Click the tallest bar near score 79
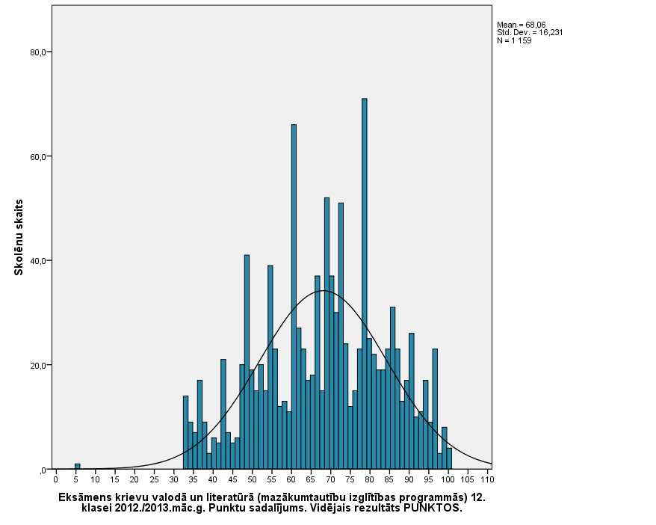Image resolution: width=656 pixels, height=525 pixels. [x=365, y=284]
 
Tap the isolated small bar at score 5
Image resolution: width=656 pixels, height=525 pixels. [x=77, y=467]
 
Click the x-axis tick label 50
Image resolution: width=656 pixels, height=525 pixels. [x=252, y=479]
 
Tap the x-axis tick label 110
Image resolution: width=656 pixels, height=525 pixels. [x=487, y=479]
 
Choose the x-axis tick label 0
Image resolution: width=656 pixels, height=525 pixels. [x=55, y=479]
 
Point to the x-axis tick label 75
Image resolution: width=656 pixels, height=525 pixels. [x=350, y=479]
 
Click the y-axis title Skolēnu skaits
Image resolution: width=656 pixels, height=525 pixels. [x=19, y=237]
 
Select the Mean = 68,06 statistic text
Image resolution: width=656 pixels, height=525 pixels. [x=522, y=25]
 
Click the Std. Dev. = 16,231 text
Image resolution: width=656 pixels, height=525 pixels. [x=530, y=32]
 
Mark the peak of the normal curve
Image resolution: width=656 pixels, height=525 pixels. [x=323, y=290]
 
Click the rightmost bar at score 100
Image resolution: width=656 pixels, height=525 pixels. [x=449, y=459]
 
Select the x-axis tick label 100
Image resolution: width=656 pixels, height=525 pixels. [x=448, y=479]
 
